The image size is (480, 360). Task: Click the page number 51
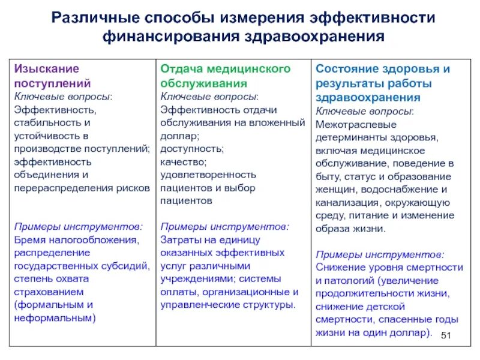point(445,335)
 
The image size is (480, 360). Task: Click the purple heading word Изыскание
point(47,69)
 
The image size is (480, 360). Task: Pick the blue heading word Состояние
point(348,69)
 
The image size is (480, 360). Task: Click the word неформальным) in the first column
point(55,318)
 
